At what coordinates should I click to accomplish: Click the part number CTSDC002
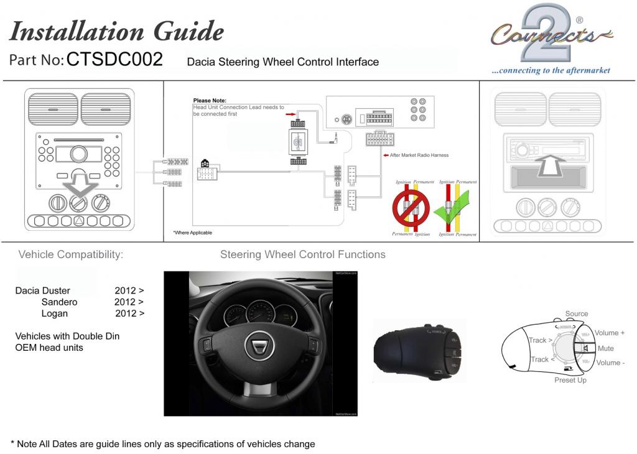[114, 59]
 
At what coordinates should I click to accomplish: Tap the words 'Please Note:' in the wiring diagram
[210, 100]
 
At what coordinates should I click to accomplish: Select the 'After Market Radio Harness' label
[419, 155]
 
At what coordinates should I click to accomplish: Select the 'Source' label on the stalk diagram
[576, 313]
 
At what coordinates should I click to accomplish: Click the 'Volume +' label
[609, 333]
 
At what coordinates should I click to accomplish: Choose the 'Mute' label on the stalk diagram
[605, 348]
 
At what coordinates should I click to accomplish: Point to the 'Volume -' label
[610, 363]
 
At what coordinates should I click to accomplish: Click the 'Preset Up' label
[570, 380]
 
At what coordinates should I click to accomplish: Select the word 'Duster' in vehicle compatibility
[56, 290]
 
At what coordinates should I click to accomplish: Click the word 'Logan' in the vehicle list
[55, 313]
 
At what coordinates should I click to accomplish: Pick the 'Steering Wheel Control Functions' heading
[302, 254]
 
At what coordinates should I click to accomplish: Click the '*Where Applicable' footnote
[192, 233]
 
